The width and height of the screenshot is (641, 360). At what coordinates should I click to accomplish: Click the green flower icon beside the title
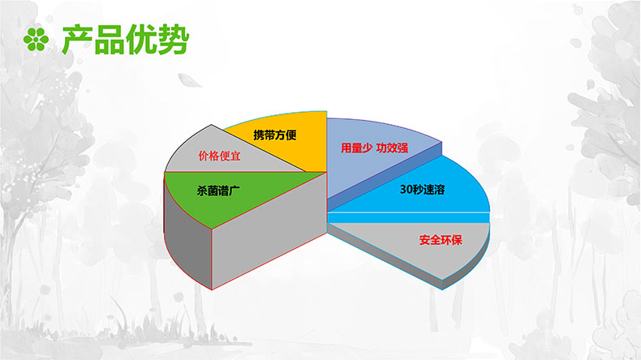[x=36, y=39]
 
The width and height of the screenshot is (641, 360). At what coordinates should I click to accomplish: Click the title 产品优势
[x=126, y=40]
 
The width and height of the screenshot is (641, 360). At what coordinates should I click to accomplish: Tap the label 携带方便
[x=275, y=135]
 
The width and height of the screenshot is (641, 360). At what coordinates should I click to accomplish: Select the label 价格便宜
[x=219, y=156]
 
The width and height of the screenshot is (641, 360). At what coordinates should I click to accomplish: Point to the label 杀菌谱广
[x=218, y=191]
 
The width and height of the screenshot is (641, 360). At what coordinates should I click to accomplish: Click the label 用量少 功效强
[x=375, y=148]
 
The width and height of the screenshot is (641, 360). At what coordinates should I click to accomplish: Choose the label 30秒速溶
[x=422, y=190]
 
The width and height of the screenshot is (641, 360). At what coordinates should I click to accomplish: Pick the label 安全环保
[x=441, y=240]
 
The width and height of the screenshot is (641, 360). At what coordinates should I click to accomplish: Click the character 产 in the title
[x=78, y=40]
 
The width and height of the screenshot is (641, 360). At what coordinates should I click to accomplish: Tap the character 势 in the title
[x=174, y=40]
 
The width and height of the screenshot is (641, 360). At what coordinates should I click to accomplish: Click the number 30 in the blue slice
[x=406, y=190]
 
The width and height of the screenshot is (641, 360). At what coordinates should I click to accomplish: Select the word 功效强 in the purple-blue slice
[x=392, y=148]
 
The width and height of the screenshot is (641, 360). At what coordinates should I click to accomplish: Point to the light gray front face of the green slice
[x=269, y=231]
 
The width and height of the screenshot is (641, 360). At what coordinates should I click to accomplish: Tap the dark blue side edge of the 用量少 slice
[x=385, y=177]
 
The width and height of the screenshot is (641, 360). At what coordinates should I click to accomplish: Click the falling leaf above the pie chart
[x=189, y=80]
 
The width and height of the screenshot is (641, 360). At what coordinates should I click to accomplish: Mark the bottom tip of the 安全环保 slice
[x=442, y=289]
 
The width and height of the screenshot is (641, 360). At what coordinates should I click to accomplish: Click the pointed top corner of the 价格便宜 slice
[x=211, y=125]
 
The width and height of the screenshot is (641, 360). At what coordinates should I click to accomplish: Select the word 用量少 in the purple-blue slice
[x=356, y=148]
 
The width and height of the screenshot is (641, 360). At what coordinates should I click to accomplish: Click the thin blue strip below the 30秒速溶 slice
[x=408, y=217]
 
